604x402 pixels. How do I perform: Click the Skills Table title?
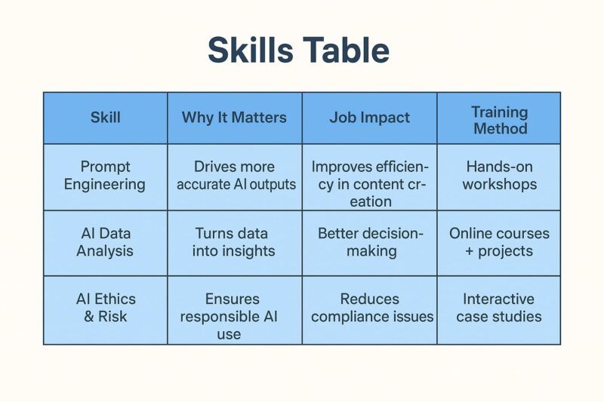[x=299, y=51]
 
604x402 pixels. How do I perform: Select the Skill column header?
[x=105, y=118]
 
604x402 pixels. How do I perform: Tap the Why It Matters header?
[x=234, y=118]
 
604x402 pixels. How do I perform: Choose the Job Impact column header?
[x=369, y=118]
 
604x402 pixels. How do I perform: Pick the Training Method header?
[x=499, y=119]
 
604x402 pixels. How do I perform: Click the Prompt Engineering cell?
[x=105, y=175]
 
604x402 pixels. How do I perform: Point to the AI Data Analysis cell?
[x=105, y=242]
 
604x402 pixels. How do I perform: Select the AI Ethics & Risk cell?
[x=105, y=308]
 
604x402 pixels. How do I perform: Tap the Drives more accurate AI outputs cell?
[x=236, y=175]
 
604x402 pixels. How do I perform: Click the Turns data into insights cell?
[x=234, y=242]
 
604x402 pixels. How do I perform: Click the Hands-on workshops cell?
[x=499, y=175]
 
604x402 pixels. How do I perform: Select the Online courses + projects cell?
[x=499, y=242]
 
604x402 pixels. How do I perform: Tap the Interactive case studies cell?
[x=498, y=308]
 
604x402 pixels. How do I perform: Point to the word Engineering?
[x=105, y=184]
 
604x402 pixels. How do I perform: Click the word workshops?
[x=499, y=184]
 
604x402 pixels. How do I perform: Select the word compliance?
[x=353, y=316]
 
